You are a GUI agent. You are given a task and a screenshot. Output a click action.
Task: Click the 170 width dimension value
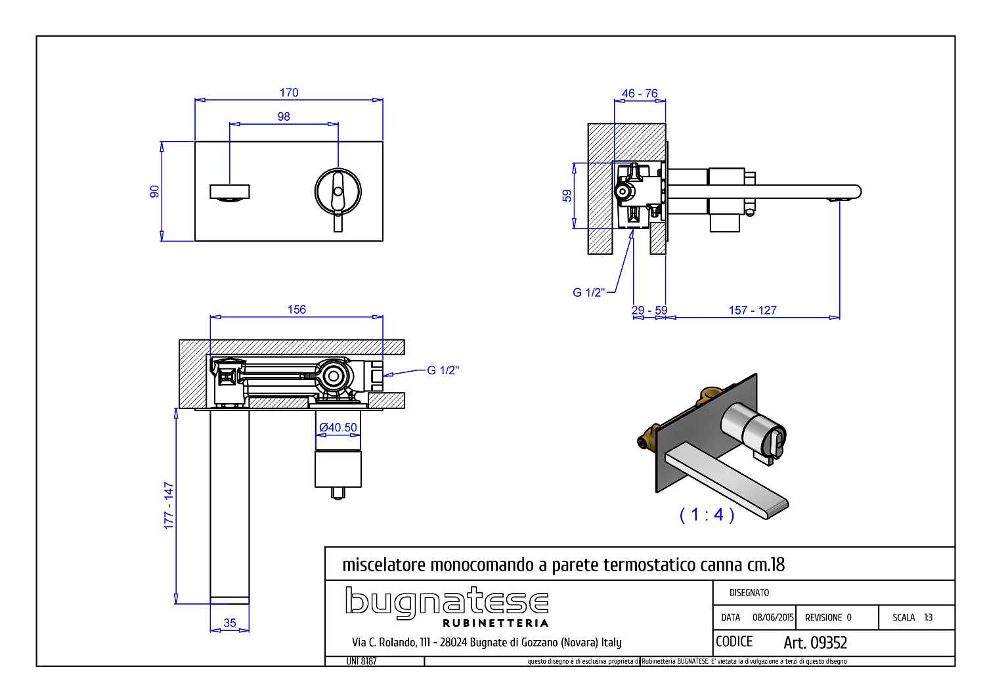click(x=289, y=93)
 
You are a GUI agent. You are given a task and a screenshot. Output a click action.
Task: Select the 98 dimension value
click(x=284, y=117)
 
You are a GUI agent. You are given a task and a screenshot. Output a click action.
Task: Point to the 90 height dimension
click(x=154, y=192)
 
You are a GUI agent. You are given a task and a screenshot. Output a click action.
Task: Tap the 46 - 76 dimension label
click(x=640, y=94)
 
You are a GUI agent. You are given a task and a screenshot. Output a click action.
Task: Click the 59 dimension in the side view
click(x=567, y=196)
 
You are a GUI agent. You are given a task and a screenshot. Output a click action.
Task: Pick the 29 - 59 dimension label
click(x=649, y=311)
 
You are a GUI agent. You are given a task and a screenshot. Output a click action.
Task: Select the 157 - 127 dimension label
click(x=753, y=311)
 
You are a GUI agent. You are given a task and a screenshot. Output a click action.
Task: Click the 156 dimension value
click(x=297, y=309)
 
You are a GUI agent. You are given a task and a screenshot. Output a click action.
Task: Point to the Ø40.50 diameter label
click(x=338, y=427)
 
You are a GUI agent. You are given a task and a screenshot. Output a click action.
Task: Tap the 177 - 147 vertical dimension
click(x=169, y=506)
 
